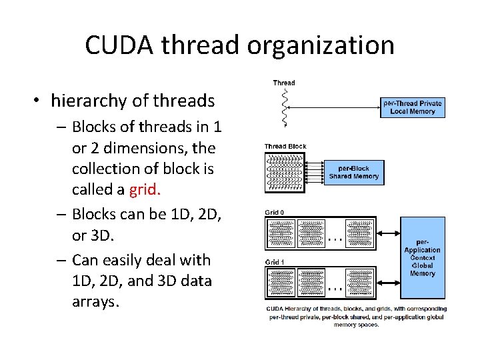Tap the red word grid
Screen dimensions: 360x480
click(x=145, y=190)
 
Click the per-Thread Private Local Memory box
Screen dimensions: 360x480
click(x=412, y=107)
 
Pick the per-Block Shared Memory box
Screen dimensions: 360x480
click(x=353, y=172)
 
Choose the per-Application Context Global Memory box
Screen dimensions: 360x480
click(x=422, y=257)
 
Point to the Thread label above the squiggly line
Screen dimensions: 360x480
click(x=284, y=83)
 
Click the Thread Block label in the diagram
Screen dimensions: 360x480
click(x=285, y=146)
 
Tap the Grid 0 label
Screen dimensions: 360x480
click(x=274, y=213)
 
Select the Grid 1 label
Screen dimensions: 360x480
click(x=274, y=262)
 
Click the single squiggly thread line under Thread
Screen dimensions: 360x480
click(x=285, y=106)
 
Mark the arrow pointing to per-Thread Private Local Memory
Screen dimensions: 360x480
click(x=333, y=104)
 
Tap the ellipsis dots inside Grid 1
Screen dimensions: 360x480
click(x=335, y=288)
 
